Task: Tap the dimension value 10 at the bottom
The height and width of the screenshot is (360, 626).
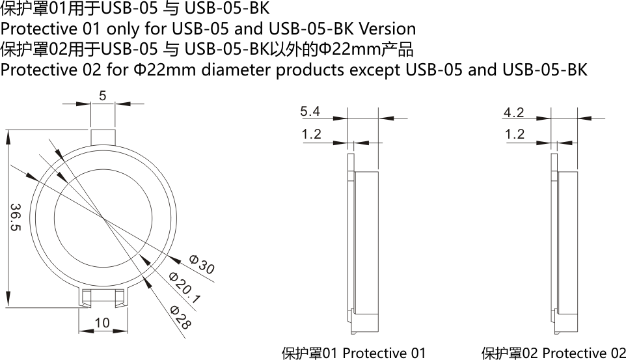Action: (x=102, y=323)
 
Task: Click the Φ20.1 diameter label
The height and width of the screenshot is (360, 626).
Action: (x=185, y=287)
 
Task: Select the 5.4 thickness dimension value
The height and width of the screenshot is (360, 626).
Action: (x=310, y=112)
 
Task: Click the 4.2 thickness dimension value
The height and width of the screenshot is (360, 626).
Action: (x=513, y=112)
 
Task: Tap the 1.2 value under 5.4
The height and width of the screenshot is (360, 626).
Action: (x=312, y=135)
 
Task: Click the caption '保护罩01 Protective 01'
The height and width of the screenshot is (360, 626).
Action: (x=353, y=353)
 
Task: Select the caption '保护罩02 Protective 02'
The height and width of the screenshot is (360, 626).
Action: (x=553, y=353)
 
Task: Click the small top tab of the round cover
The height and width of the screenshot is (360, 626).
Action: (x=103, y=137)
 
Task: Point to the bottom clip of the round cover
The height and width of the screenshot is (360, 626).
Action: (x=102, y=298)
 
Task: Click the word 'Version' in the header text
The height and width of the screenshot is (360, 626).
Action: (x=387, y=29)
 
